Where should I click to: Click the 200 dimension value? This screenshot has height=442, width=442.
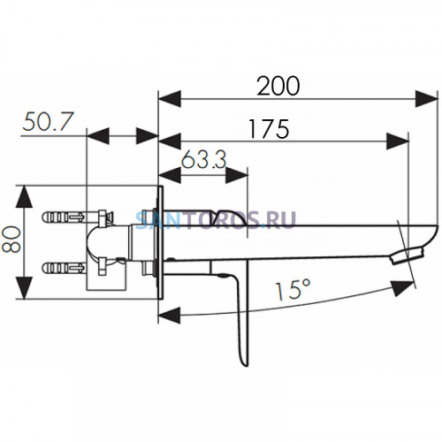[278, 86]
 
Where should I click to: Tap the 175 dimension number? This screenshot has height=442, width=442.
[269, 129]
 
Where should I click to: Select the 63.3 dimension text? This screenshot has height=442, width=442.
[203, 159]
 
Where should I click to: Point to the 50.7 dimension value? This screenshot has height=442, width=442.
[47, 121]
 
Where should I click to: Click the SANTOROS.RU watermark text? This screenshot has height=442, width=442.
[216, 220]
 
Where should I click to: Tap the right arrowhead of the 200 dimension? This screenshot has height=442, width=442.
[426, 99]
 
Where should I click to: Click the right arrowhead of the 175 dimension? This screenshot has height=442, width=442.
[398, 141]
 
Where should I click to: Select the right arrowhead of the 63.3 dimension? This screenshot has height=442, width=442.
[237, 176]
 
